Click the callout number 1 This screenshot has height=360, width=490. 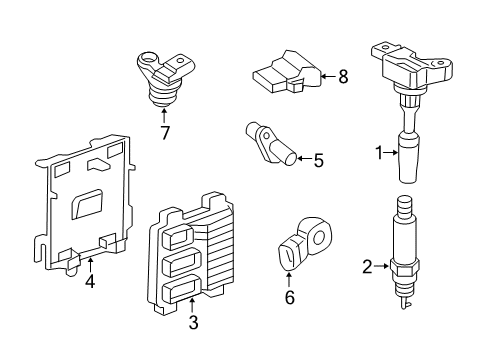[x=378, y=153]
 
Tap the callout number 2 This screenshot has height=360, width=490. [x=366, y=266]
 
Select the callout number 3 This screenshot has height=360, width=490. [x=194, y=323]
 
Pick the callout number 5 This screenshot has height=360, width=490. [x=318, y=159]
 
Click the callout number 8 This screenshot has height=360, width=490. [x=342, y=76]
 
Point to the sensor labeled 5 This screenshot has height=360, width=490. [x=272, y=144]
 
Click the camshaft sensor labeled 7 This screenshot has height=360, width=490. [x=161, y=75]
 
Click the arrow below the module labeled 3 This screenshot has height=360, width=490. [x=194, y=305]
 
